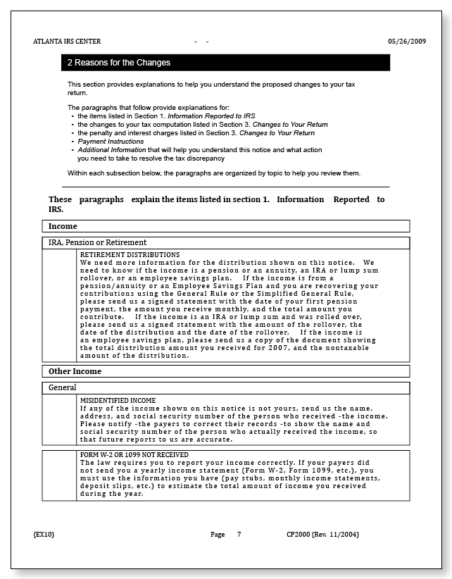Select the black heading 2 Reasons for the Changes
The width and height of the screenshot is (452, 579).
coord(119,63)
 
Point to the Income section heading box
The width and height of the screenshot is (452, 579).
coord(225,227)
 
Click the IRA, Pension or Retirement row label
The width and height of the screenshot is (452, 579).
coord(97,242)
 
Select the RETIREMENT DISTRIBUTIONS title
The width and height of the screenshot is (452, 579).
coord(130,254)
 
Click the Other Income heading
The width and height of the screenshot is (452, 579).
coord(75,371)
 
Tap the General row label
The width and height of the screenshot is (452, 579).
coord(62,387)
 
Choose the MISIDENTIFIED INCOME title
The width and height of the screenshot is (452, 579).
coord(118,400)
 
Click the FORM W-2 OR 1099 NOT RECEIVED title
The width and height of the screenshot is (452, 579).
coord(134,455)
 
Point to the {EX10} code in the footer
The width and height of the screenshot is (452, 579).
coord(44,535)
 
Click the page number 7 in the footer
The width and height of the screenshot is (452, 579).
coord(239,535)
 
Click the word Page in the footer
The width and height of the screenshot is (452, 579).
coord(218,535)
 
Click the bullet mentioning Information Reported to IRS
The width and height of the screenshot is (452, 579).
coord(165,116)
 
